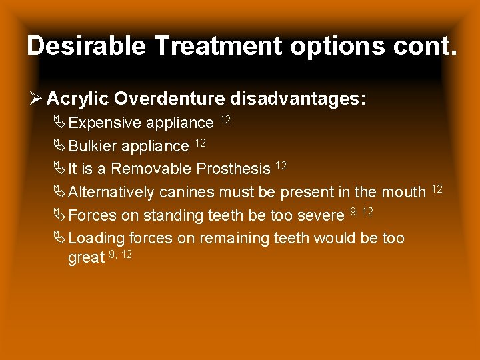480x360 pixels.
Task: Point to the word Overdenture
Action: pos(169,99)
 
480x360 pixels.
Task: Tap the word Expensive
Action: pos(105,123)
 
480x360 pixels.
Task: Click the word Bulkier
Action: pos(95,146)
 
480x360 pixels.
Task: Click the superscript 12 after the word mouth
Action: pos(437,189)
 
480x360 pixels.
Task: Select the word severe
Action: pos(323,216)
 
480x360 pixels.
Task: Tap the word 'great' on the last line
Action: pos(86,258)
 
